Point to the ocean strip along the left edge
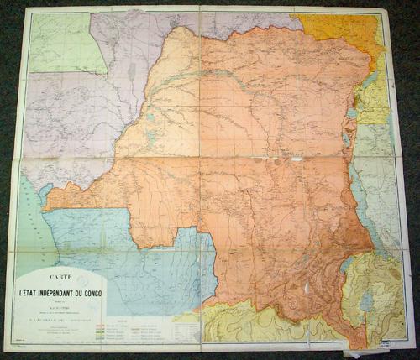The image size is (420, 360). coord(30,227)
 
